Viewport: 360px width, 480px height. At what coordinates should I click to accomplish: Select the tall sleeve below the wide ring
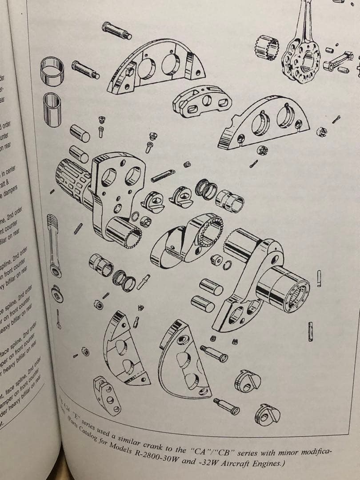[x=52, y=108]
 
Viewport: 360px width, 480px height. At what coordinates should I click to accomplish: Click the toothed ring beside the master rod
[x=269, y=47]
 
